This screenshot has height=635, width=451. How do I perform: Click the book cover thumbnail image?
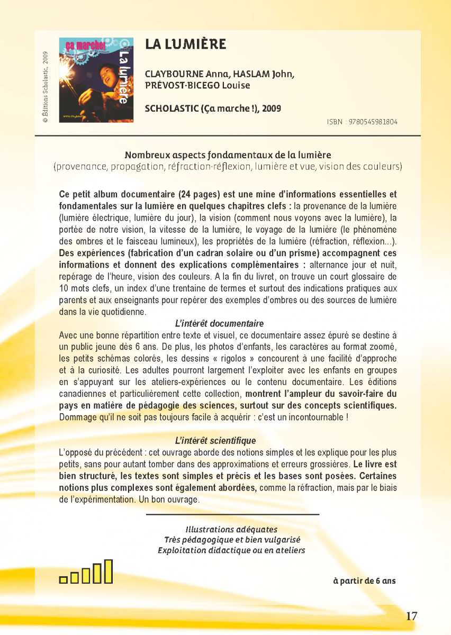[x=96, y=79]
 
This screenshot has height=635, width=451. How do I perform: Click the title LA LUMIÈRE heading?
[x=186, y=44]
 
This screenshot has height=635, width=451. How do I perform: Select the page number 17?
[x=411, y=616]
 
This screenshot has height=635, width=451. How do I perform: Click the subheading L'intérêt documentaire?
[x=219, y=323]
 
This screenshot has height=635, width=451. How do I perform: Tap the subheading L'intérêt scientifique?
[x=215, y=440]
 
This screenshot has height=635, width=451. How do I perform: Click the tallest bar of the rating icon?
[x=108, y=571]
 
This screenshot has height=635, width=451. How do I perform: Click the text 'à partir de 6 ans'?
[x=364, y=580]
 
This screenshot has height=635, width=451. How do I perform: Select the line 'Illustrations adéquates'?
[x=231, y=529]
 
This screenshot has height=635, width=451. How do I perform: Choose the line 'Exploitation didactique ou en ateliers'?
[x=231, y=550]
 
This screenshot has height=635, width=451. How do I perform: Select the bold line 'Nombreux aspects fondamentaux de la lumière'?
[x=228, y=155]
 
